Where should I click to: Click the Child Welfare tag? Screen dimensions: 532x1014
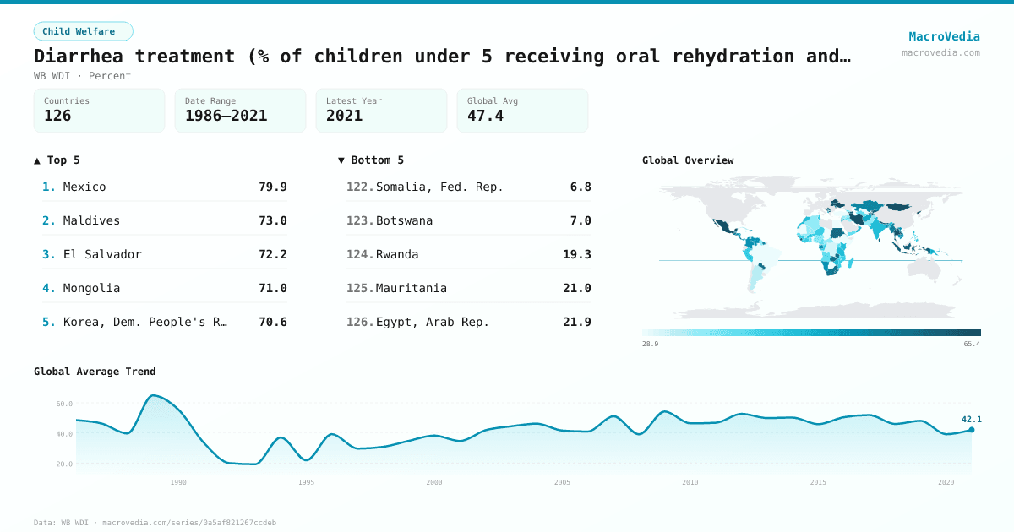tap(83, 31)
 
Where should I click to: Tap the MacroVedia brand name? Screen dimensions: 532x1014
tap(944, 36)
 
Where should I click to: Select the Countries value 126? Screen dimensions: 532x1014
tap(57, 116)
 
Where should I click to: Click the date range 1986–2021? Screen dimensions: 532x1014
tap(226, 116)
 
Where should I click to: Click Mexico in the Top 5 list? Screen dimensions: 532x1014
tap(84, 187)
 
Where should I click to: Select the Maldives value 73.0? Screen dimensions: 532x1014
tap(272, 220)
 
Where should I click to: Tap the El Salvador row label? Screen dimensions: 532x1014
tap(102, 254)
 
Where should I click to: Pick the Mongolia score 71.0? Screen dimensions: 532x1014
tap(272, 288)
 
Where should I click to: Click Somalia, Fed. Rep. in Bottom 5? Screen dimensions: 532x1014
tap(439, 187)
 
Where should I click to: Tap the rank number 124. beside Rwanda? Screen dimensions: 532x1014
tap(359, 254)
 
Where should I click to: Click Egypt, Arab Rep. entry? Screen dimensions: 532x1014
tap(433, 322)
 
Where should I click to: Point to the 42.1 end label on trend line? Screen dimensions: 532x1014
tap(971, 419)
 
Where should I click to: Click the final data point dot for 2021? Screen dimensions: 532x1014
tap(971, 430)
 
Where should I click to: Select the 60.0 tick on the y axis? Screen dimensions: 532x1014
tap(64, 404)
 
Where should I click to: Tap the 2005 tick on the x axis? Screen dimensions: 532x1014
tap(562, 482)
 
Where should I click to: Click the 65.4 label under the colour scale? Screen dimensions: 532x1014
tap(972, 345)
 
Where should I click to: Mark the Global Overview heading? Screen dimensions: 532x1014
tap(688, 160)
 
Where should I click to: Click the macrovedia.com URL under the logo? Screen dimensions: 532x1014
tap(940, 52)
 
